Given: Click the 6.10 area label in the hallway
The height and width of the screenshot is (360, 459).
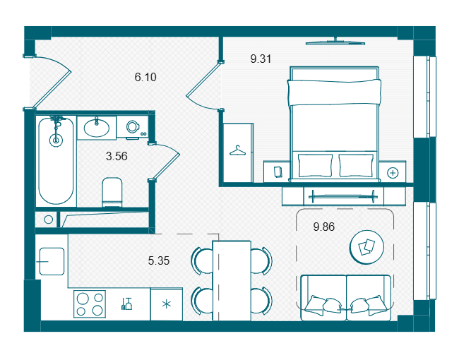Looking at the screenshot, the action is pos(145,77).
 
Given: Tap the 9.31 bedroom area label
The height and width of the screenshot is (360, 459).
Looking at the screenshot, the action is pos(261,59).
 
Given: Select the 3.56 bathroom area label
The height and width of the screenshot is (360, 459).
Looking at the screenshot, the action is pos(117,156).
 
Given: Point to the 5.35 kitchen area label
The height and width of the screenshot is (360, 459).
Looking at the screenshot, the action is pos(159,260).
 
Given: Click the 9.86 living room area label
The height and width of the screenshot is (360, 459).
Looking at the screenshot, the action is pos(323,227).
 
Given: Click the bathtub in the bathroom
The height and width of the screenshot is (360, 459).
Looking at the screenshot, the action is pos(56,161).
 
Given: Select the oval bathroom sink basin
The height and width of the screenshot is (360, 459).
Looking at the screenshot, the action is pos(97,128).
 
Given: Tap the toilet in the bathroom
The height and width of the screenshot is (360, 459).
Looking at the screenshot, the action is pos(112,192).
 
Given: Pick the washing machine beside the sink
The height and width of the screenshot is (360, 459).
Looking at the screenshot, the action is pos(132,127).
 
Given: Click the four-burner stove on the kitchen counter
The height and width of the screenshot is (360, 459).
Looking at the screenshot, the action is pos(90,304).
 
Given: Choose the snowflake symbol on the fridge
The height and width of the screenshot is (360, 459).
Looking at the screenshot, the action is pos(167,304).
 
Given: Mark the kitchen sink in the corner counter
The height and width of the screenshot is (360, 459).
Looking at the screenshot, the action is pos(52,261).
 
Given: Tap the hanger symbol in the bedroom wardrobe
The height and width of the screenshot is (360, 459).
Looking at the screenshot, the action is pos(237,150).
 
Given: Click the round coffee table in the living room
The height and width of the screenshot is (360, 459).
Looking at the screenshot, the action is pos(366,247).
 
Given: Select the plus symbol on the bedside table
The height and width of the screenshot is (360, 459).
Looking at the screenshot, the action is pos(393,173).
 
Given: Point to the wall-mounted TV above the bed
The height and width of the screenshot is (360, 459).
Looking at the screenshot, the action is pos(335,42).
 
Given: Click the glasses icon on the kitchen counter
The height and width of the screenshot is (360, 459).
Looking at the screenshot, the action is pos(126,304).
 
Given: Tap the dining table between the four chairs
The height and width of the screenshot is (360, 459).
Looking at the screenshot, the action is pos(232,281).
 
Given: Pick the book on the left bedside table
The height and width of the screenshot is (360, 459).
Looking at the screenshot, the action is pos(278,172).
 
